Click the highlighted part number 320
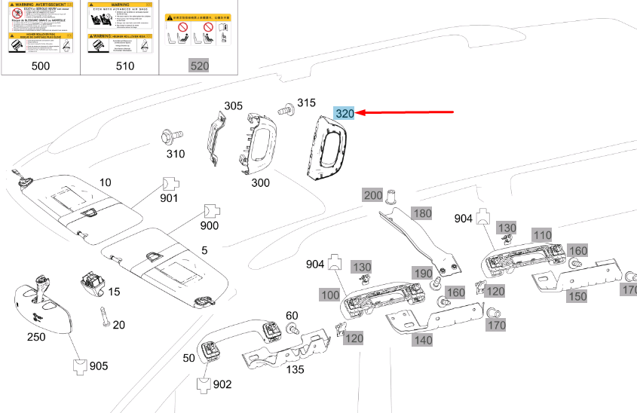(x=345, y=114)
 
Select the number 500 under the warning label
(x=41, y=66)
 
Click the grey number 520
(x=199, y=66)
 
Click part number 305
(x=234, y=106)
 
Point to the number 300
(x=261, y=183)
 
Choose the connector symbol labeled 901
(x=169, y=183)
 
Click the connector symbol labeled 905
(x=80, y=366)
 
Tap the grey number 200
(x=373, y=195)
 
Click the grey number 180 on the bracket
(x=422, y=213)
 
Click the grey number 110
(x=542, y=234)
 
